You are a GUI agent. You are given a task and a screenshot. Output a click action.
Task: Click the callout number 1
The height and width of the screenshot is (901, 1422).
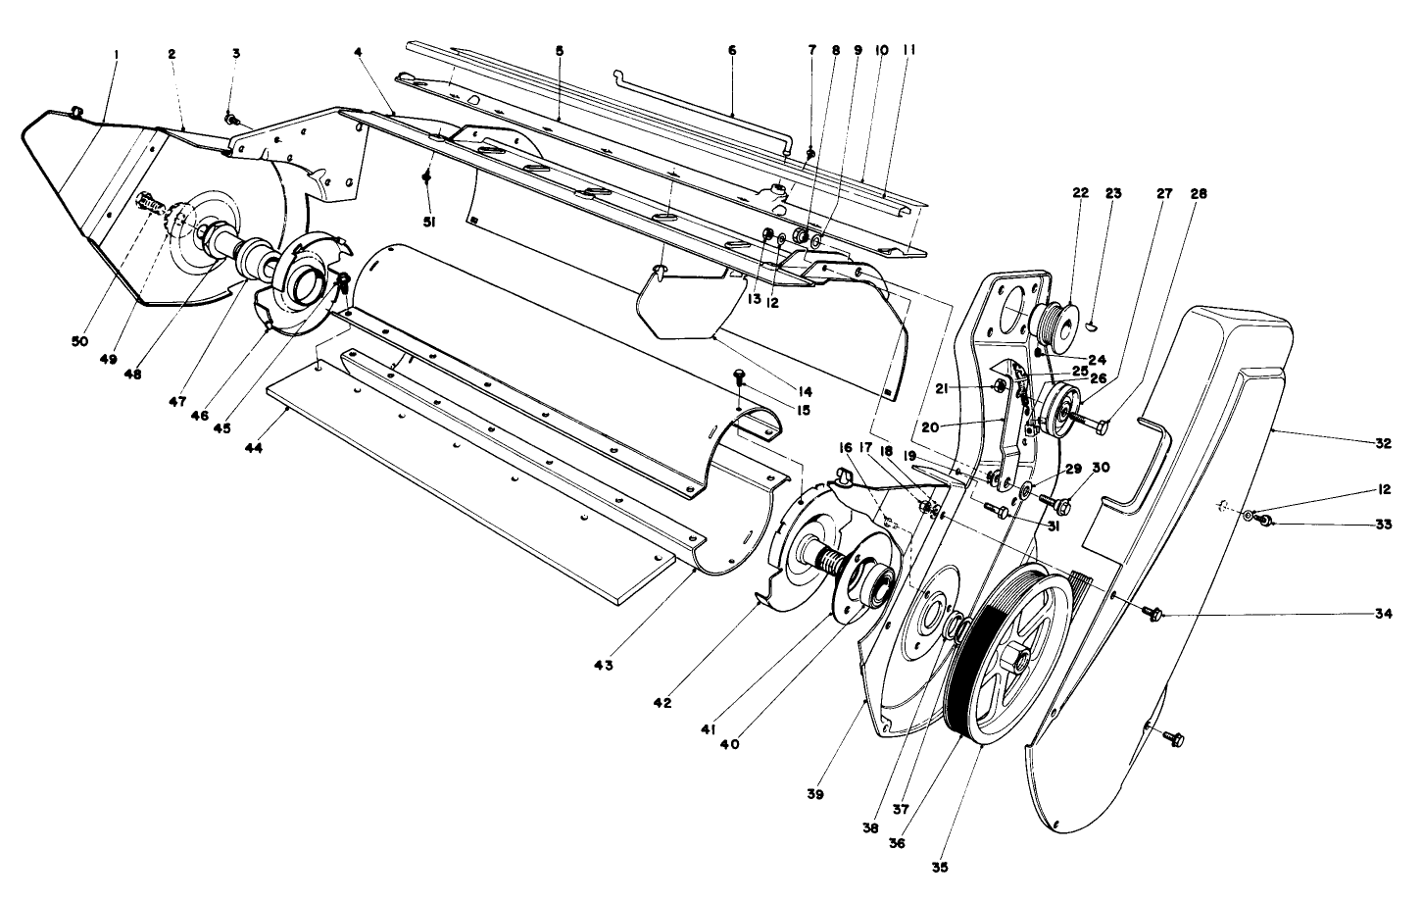coord(116,55)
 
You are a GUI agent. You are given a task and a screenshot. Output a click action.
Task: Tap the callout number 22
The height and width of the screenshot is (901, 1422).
coord(1080,193)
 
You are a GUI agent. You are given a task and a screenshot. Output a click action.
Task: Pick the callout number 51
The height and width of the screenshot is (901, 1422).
coord(429,223)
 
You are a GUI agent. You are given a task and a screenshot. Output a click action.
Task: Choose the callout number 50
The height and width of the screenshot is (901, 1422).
coord(78,341)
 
